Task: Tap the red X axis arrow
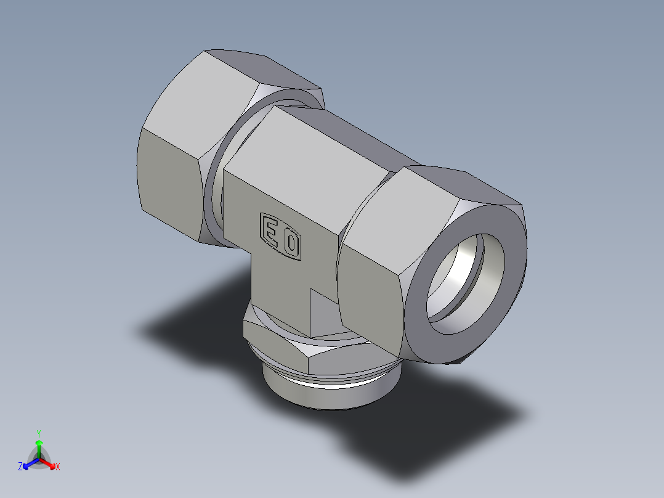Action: [51, 463]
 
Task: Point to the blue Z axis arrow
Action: [27, 464]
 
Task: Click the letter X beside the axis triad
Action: [58, 467]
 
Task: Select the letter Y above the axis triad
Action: [39, 433]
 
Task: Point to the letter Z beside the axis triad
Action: [20, 467]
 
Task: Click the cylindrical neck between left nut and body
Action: [213, 197]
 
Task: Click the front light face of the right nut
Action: [370, 271]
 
